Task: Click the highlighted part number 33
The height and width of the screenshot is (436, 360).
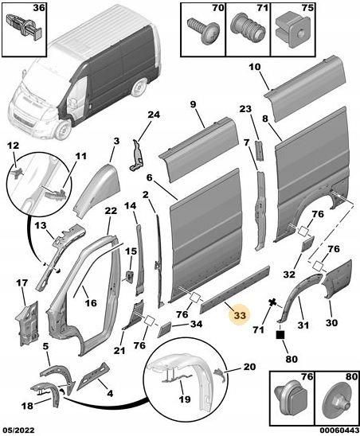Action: coord(240,315)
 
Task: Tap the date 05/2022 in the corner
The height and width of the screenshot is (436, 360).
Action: coord(18,430)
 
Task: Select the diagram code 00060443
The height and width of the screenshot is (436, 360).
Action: coord(339,430)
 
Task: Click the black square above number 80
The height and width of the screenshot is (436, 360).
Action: coord(280,335)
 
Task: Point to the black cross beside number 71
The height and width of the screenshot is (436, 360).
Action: coord(273,302)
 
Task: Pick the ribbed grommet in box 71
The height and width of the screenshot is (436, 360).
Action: coord(248,27)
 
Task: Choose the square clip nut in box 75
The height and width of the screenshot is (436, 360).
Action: coord(293,31)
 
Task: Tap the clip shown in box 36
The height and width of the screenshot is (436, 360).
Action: coord(24,28)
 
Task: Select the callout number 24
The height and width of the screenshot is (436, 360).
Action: coord(154,115)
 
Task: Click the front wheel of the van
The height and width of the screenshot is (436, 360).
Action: coord(62,130)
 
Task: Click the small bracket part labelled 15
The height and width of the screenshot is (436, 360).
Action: coord(130,275)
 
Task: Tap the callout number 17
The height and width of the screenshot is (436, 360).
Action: coord(22,283)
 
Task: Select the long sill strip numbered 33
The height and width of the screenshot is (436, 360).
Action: coord(235,290)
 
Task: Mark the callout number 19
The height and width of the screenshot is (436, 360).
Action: coord(185,399)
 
